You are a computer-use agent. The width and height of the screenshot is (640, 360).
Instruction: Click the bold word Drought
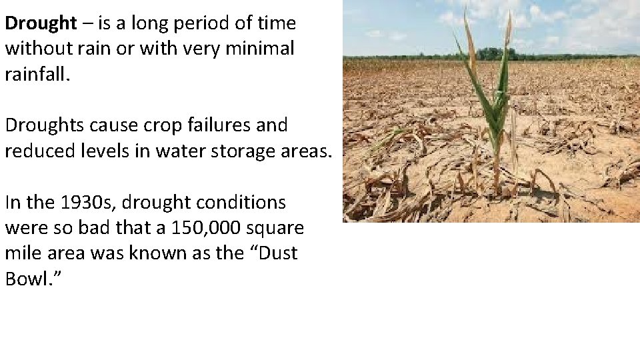point(41,24)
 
